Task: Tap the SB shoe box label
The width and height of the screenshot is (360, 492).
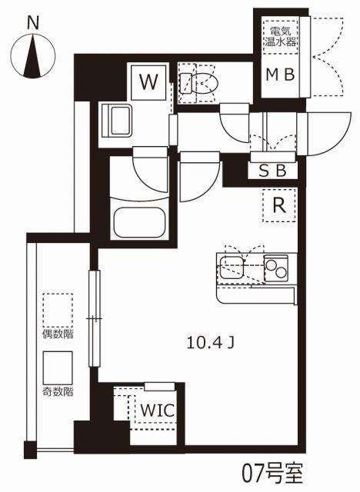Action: click(273, 171)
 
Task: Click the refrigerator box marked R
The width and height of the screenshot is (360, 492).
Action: click(279, 206)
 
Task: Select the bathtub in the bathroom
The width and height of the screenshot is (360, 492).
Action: click(140, 223)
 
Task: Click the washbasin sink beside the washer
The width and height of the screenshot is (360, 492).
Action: click(121, 121)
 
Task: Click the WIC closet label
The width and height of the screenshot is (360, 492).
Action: click(157, 411)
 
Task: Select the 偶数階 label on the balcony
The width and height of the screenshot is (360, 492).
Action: click(58, 334)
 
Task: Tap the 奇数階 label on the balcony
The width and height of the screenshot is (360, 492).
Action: click(58, 391)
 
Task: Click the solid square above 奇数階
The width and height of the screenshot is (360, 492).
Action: click(58, 367)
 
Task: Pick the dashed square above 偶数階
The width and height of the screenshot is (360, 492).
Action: click(58, 310)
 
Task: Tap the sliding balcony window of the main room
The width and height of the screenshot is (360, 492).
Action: click(94, 318)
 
